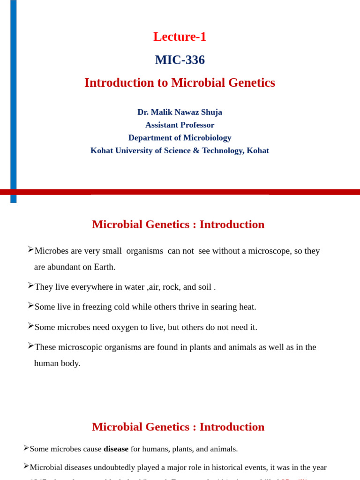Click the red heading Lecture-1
click(180, 37)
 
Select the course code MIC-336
click(180, 60)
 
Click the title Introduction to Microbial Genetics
click(180, 82)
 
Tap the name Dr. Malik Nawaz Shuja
click(180, 112)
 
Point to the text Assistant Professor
click(180, 125)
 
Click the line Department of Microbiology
click(180, 138)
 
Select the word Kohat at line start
click(102, 150)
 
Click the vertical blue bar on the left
click(14, 94)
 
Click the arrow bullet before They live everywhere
click(30, 285)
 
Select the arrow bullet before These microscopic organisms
click(30, 346)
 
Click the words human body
click(57, 363)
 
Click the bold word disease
click(116, 449)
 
